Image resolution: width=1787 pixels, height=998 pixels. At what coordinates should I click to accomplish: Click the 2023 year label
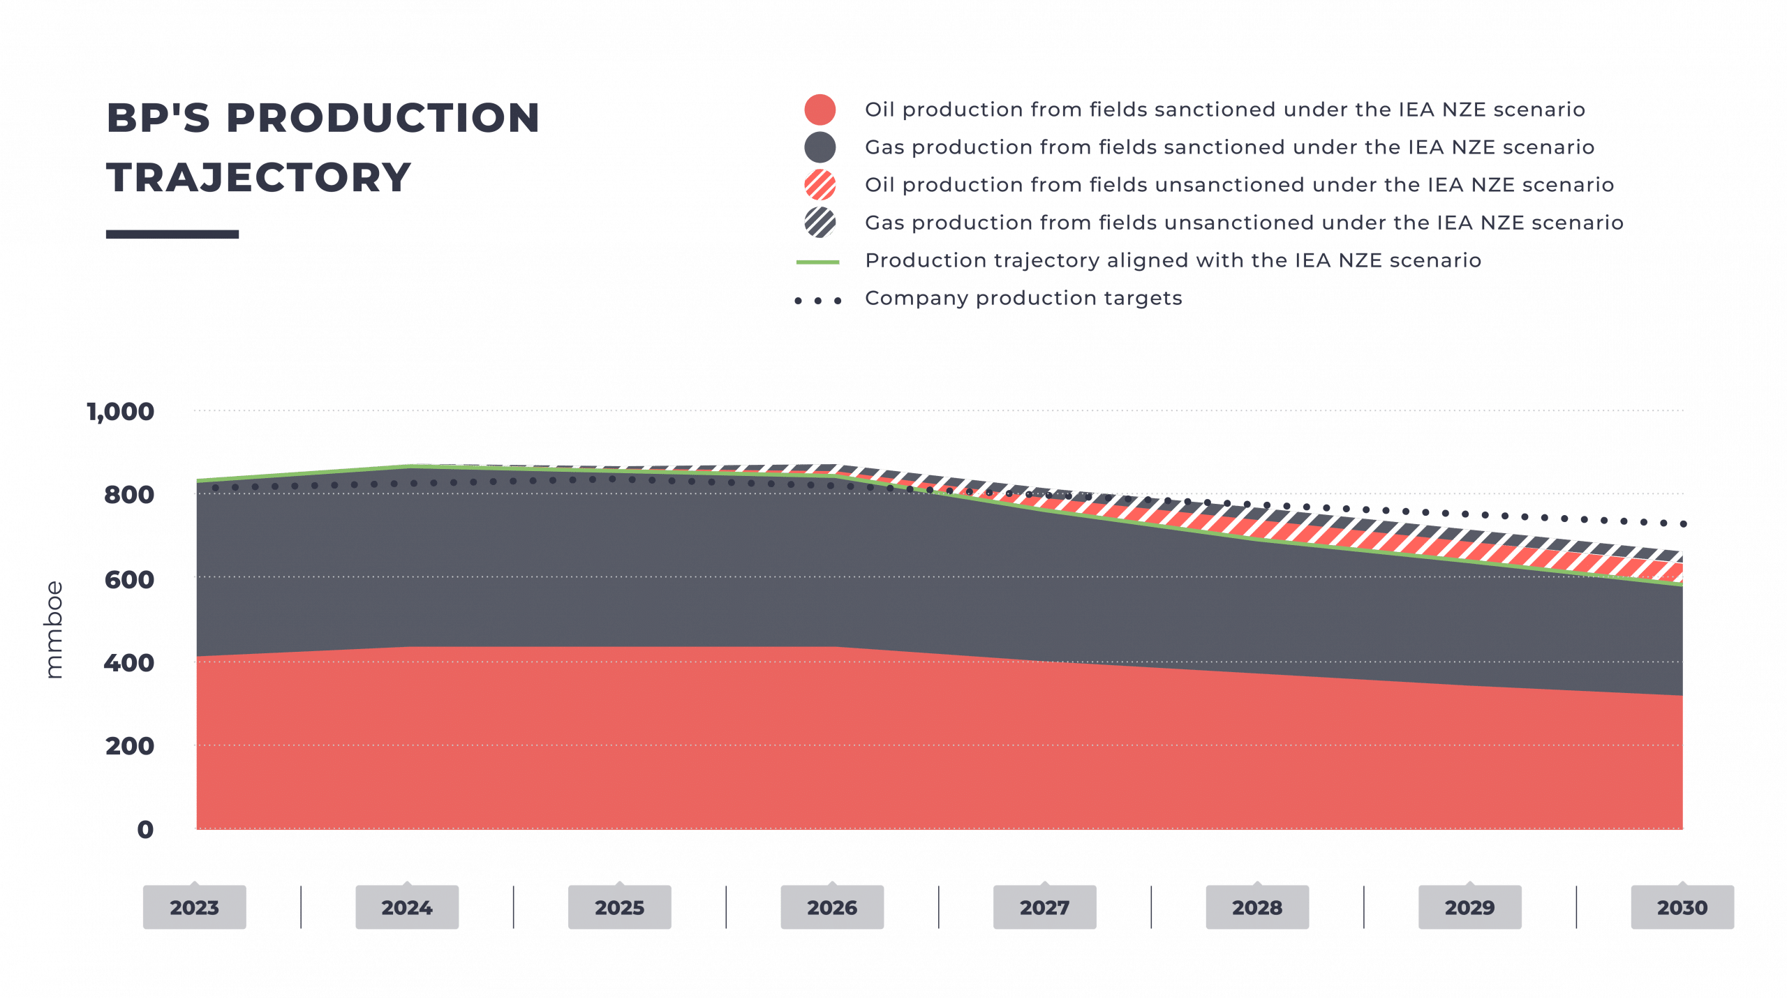point(194,907)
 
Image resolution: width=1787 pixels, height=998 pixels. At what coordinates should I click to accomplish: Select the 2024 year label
point(407,907)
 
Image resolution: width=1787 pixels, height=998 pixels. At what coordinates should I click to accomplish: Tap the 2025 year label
point(619,907)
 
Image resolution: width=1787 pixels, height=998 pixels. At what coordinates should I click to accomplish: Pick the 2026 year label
point(832,907)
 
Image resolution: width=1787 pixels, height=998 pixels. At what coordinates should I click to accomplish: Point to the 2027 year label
point(1044,907)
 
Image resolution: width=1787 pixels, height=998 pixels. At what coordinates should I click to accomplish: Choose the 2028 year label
point(1257,907)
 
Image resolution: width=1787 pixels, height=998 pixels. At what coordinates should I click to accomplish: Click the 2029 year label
point(1469,907)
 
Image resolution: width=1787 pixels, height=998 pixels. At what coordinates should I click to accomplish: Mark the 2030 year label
point(1682,907)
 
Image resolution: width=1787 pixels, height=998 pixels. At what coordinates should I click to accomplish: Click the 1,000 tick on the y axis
point(122,412)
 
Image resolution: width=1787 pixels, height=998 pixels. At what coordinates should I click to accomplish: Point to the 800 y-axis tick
point(130,496)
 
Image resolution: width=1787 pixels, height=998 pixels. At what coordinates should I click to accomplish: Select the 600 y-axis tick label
point(130,579)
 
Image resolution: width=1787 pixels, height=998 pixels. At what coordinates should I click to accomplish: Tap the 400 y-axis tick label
point(130,663)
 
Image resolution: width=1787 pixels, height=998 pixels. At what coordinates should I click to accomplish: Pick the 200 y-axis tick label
point(130,746)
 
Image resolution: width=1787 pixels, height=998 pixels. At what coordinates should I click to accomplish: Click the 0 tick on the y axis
point(145,830)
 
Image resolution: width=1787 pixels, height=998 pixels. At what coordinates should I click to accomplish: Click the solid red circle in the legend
point(820,110)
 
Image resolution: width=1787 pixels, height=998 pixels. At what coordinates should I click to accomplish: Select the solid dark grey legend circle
point(820,148)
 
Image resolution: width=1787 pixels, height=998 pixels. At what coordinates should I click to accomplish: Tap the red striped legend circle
point(820,186)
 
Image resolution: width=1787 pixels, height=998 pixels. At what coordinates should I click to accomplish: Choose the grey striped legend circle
point(820,223)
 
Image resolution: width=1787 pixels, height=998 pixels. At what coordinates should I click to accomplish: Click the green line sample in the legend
point(818,262)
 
